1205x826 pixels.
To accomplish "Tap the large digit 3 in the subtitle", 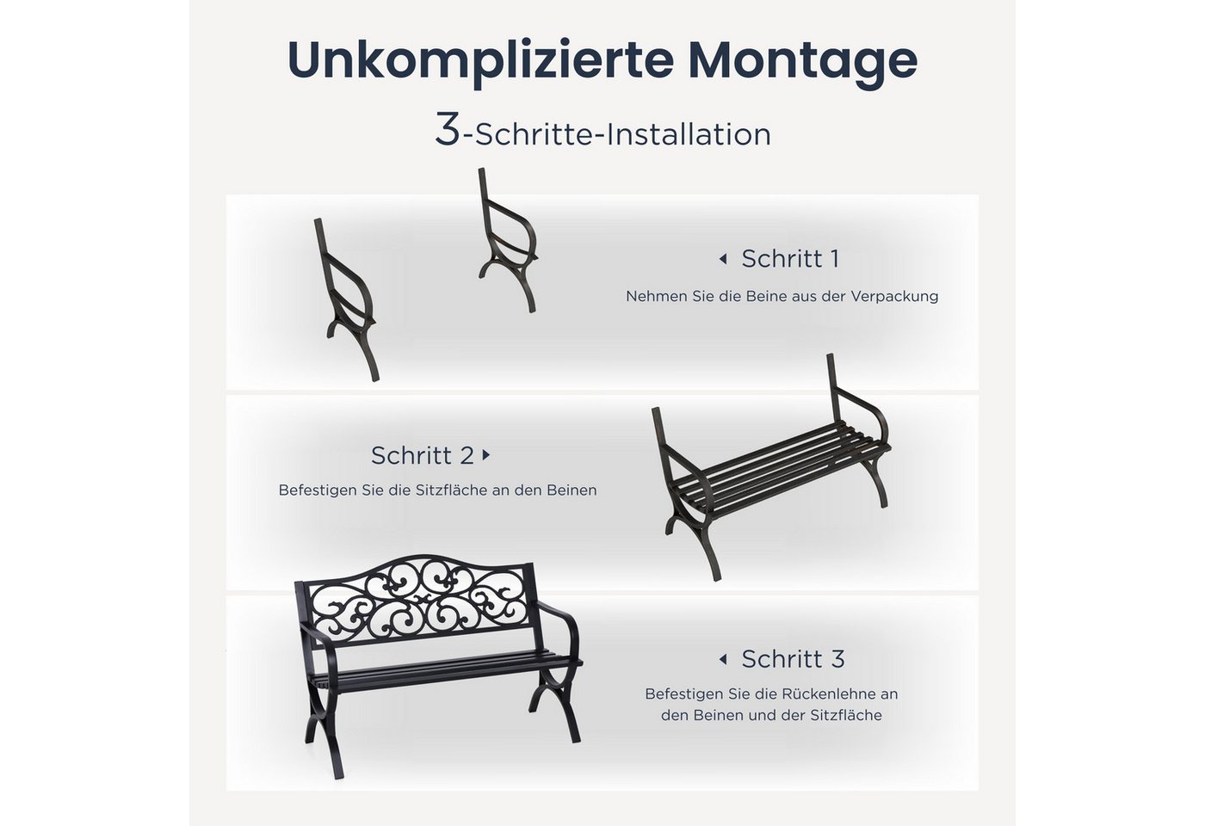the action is (447, 130).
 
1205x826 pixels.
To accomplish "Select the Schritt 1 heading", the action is (790, 259).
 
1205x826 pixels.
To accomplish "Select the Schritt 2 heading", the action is (423, 456).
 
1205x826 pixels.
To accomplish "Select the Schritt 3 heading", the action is (793, 659).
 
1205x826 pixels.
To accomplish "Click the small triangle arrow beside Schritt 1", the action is (723, 260).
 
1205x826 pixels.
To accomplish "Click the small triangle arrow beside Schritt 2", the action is (486, 455).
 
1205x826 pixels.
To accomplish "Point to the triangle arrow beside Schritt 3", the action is (723, 659).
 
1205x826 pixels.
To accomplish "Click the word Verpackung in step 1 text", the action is (894, 297).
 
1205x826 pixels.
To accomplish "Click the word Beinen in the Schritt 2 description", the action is (572, 490).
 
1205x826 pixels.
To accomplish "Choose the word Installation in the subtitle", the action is (689, 135).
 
